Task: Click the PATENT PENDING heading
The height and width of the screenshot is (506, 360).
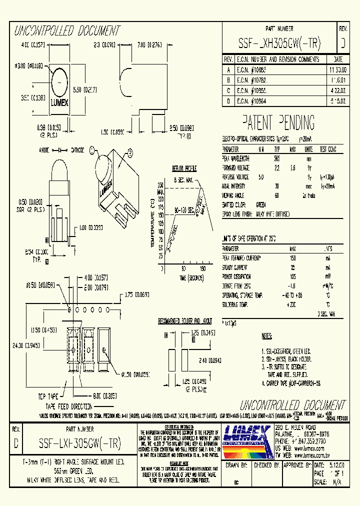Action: click(x=278, y=122)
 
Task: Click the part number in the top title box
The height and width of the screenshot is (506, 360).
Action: click(x=279, y=43)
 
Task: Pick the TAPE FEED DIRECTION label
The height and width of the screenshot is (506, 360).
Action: click(x=69, y=406)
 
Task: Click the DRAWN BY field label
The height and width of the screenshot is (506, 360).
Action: click(x=237, y=464)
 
